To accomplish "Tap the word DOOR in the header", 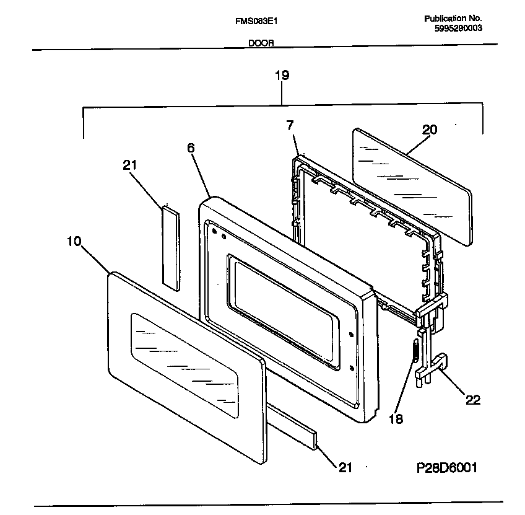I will coord(261,44).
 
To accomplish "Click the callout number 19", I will coord(282,76).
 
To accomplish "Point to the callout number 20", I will coord(429,130).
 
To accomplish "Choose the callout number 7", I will coord(289,125).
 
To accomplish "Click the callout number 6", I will coord(191,148).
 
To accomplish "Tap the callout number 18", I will coord(395,419).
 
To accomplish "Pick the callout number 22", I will coord(472,400).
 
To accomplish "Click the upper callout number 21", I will coord(130,165).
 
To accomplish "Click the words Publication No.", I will coord(453,19).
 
